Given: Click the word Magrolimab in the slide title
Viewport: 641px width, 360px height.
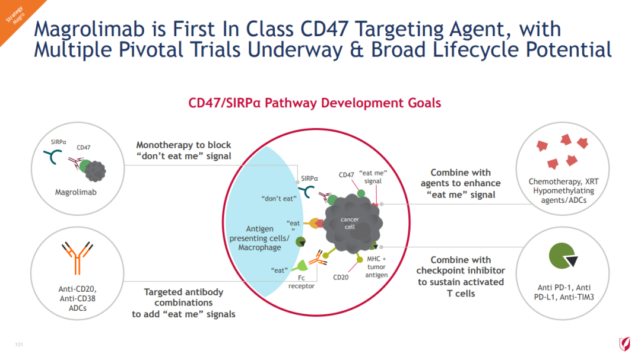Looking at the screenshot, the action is point(90,30).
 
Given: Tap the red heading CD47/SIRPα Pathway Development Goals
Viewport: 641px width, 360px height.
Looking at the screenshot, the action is point(315,103).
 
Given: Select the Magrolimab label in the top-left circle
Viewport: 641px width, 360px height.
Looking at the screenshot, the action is point(75,192).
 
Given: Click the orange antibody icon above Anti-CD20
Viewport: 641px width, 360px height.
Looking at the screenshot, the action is point(77,257).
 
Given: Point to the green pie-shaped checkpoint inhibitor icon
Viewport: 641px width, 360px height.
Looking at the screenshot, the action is point(562,256).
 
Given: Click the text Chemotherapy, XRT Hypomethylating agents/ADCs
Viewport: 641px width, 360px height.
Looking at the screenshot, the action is point(563,191).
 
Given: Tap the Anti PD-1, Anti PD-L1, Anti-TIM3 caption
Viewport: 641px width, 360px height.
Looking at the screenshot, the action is point(564,292).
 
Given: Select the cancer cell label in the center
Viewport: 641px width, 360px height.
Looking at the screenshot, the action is point(350,223).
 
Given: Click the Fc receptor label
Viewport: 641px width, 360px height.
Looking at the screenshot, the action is point(302,282).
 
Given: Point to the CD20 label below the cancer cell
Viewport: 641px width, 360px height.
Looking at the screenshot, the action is point(341,278).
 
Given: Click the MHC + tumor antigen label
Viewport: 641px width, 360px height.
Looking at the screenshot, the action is point(376,267).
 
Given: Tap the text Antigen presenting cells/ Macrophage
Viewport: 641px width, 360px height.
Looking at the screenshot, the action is point(259,238).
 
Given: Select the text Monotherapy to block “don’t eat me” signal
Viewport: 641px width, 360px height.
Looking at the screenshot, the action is point(183,151).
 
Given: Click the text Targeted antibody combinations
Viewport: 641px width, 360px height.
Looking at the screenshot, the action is point(183,298).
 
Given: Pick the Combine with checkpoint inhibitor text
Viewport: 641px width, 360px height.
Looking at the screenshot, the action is point(461,265).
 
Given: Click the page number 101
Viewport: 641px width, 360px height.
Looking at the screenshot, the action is point(19,345).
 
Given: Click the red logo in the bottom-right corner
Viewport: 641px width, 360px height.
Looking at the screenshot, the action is point(624,344).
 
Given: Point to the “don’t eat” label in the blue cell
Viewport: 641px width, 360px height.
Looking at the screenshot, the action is point(279,199).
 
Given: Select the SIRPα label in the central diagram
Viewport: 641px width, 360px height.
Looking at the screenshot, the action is point(309,179).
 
